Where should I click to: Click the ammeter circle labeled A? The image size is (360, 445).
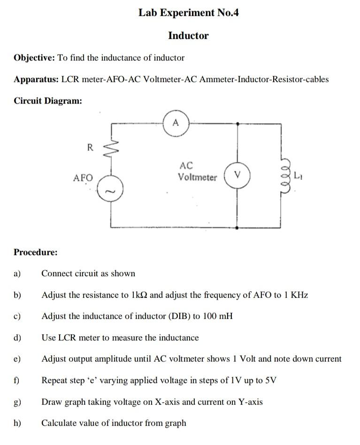(x=176, y=124)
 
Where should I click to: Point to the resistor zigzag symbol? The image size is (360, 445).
(x=112, y=149)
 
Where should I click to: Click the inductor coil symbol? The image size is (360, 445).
(x=283, y=176)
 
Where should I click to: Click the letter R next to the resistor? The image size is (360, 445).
(x=90, y=147)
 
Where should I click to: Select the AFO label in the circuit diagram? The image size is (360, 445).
(x=83, y=178)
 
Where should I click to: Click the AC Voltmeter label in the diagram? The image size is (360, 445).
(x=197, y=172)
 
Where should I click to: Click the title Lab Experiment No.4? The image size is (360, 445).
(x=188, y=13)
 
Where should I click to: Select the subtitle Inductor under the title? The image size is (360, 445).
(x=188, y=36)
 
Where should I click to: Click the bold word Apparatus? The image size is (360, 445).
(x=36, y=79)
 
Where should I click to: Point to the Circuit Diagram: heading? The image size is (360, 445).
(x=48, y=100)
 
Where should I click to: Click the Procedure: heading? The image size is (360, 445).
(x=36, y=252)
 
